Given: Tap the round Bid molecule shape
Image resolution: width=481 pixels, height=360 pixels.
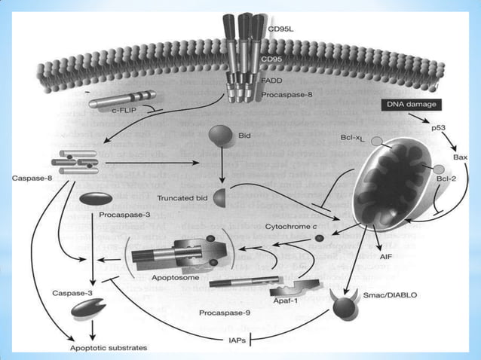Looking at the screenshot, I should pyautogui.click(x=219, y=137).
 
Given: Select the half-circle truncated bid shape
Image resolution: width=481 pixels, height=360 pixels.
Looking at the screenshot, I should pyautogui.click(x=220, y=198).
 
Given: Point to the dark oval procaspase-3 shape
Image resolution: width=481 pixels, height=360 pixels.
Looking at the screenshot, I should pyautogui.click(x=95, y=199).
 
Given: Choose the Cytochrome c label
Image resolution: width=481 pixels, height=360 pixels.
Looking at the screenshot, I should pyautogui.click(x=290, y=225).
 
